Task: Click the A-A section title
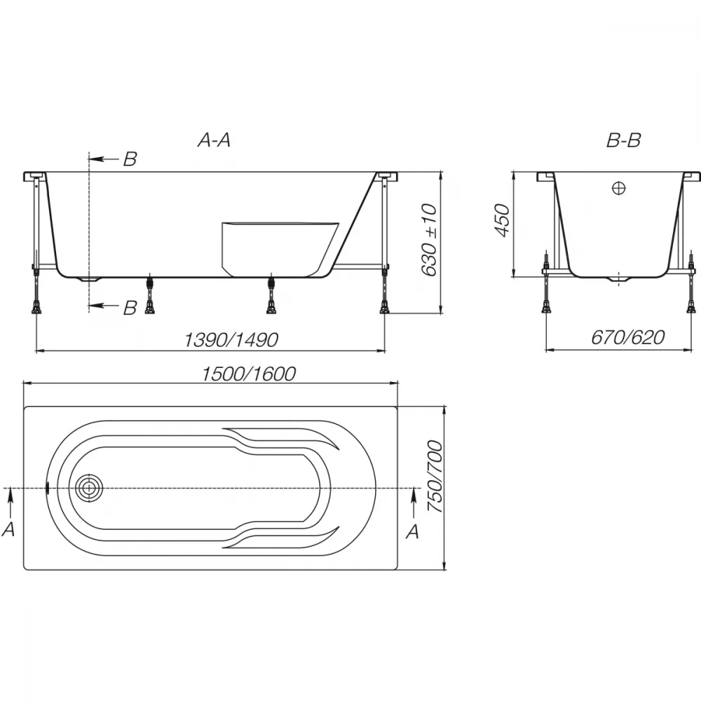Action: pyautogui.click(x=214, y=140)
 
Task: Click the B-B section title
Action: pyautogui.click(x=624, y=140)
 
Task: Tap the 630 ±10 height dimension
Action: pyautogui.click(x=429, y=240)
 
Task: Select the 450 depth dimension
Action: pyautogui.click(x=502, y=220)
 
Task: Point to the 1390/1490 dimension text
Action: pyautogui.click(x=231, y=340)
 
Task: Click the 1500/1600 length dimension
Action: pyautogui.click(x=249, y=374)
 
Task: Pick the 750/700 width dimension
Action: pyautogui.click(x=435, y=477)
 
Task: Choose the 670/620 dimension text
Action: pyautogui.click(x=627, y=338)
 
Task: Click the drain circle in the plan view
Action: pyautogui.click(x=89, y=487)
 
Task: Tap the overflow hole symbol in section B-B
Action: pyautogui.click(x=619, y=189)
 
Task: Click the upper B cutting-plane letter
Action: pyautogui.click(x=130, y=159)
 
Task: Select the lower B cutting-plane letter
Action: pyautogui.click(x=130, y=308)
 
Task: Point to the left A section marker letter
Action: pyautogui.click(x=8, y=529)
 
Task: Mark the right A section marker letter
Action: pyautogui.click(x=412, y=531)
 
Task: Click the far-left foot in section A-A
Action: pyautogui.click(x=36, y=308)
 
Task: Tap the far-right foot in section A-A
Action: pyautogui.click(x=384, y=308)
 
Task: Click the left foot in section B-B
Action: pyautogui.click(x=546, y=308)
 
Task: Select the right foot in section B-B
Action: pyautogui.click(x=692, y=308)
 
